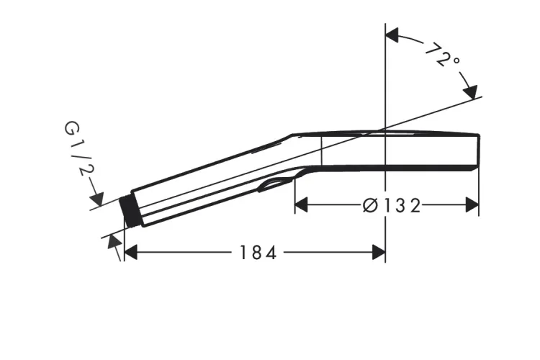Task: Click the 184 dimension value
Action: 258,253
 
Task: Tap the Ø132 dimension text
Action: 392,206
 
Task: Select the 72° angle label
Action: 443,55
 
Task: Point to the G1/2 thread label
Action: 79,148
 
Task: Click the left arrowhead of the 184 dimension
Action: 130,253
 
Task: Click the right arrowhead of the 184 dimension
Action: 379,253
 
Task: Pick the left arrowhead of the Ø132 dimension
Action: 302,205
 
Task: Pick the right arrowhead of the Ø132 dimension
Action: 472,205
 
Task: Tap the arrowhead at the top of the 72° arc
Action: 392,35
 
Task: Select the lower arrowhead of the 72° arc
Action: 470,92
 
